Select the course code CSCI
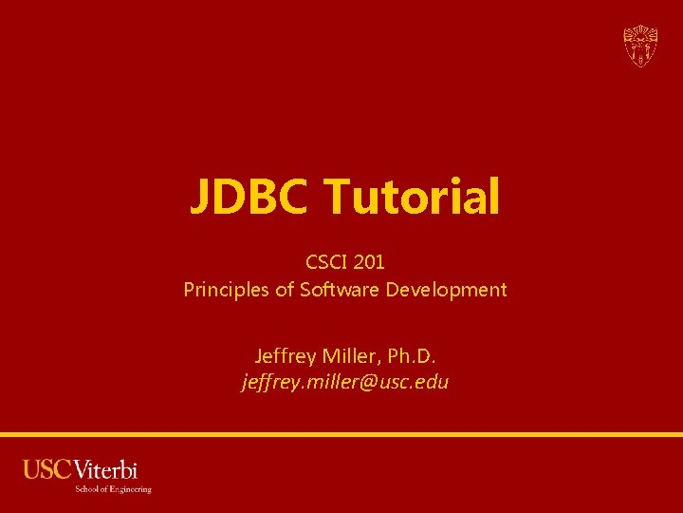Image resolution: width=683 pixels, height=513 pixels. (x=325, y=260)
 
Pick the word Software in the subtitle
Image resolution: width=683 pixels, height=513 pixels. (x=340, y=289)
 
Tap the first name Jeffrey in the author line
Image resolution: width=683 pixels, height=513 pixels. (x=286, y=355)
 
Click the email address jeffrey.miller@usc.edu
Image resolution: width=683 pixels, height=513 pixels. (x=345, y=383)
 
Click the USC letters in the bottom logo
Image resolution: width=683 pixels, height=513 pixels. (x=47, y=470)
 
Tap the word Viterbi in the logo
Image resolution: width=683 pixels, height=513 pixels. (x=105, y=470)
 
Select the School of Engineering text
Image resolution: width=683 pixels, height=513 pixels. (x=113, y=489)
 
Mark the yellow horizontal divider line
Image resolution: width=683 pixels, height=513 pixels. (x=341, y=434)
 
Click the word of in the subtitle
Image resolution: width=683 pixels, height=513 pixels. (x=284, y=289)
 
